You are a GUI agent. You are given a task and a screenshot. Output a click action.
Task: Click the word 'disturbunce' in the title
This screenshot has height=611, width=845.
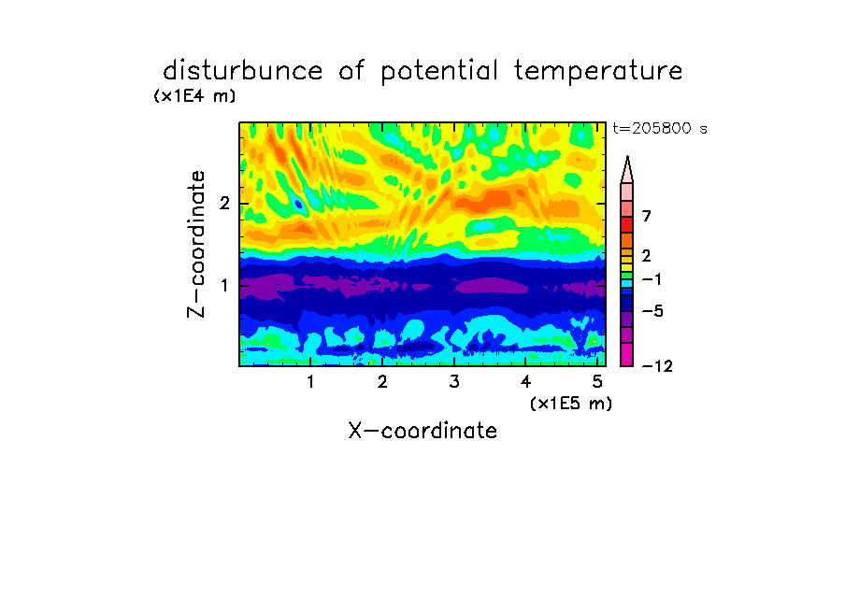[243, 70]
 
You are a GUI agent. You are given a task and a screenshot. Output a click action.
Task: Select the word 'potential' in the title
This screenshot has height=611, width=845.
[439, 72]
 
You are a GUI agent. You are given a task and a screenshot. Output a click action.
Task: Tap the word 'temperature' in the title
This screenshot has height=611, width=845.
[598, 72]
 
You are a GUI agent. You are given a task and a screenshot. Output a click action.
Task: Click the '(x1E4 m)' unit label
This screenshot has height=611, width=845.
[194, 96]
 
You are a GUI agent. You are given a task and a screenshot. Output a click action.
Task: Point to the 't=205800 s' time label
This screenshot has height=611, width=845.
[660, 128]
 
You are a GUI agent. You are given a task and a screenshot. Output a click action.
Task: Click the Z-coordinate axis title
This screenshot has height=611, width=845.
[196, 244]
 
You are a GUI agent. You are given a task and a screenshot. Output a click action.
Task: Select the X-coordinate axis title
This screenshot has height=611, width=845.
[422, 431]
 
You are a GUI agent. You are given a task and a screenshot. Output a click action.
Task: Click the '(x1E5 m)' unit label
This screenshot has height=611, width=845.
[571, 403]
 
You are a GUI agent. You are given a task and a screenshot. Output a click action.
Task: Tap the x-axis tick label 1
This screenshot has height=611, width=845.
[310, 381]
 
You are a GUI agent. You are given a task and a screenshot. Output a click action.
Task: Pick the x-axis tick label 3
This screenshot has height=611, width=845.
[454, 381]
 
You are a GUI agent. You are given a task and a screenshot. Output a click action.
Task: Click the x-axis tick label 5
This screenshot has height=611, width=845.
[597, 381]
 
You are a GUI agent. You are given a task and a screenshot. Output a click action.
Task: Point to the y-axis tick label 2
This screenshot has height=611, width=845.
[224, 204]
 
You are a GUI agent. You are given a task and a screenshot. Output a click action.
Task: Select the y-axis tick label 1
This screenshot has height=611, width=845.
[224, 285]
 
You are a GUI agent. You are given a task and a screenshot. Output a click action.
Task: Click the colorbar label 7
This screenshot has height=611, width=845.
[647, 216]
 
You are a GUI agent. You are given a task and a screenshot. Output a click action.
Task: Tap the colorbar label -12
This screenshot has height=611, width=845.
[657, 366]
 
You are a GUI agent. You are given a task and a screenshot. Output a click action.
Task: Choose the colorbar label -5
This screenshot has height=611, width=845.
[652, 311]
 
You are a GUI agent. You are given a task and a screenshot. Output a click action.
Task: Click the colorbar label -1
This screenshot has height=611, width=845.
[652, 279]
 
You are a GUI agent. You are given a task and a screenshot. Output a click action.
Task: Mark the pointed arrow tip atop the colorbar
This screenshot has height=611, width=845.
[627, 157]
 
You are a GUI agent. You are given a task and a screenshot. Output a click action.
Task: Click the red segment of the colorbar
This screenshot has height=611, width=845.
[627, 224]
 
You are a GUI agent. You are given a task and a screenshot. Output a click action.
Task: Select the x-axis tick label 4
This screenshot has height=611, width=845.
[526, 381]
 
